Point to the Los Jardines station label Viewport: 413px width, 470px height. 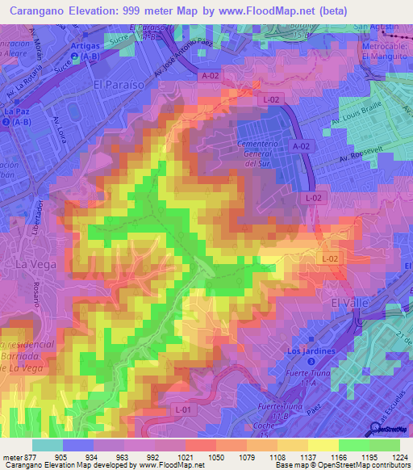(311, 352)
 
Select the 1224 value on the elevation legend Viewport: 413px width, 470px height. (400, 457)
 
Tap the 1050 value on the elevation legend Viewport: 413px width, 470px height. (217, 457)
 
